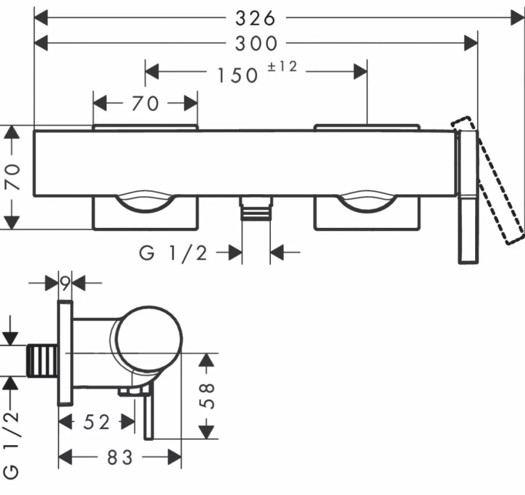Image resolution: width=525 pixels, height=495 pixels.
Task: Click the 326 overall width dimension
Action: coord(255,18)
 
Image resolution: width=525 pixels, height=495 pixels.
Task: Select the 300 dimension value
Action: coord(256,44)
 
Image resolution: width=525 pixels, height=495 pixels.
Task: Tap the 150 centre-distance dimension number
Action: coord(237,75)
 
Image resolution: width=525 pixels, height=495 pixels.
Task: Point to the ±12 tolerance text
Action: coord(282,67)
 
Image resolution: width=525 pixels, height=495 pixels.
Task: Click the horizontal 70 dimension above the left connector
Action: coord(145,103)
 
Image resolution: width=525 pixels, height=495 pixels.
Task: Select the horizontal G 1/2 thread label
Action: coord(173,253)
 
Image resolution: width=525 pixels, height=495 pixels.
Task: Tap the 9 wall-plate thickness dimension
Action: coord(65,283)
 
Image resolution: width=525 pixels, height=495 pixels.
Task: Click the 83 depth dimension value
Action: coord(120,457)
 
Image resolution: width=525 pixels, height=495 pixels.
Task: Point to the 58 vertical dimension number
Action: coord(206,396)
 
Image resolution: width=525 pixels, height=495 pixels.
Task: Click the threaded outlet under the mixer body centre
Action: coord(256,208)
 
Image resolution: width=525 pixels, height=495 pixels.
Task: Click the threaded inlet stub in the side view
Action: coord(41,361)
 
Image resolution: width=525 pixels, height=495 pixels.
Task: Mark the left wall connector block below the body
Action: coord(145,213)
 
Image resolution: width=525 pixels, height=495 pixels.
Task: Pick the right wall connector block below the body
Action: coord(367,213)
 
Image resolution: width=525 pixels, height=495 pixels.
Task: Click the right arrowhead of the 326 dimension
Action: coord(517,18)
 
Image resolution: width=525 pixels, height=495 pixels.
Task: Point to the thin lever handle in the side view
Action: coord(149,412)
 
